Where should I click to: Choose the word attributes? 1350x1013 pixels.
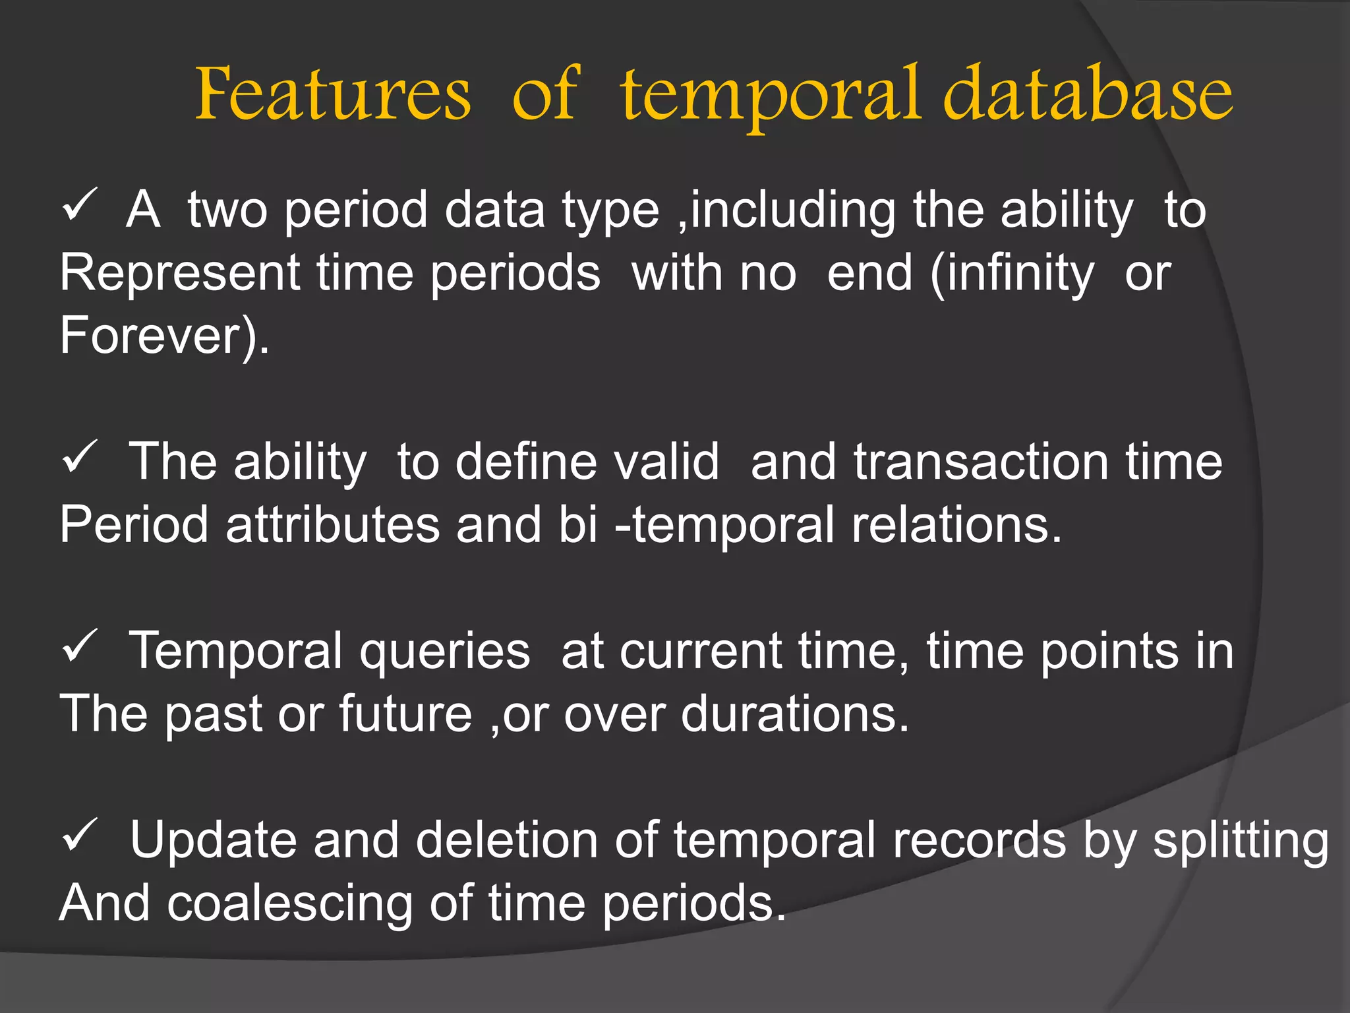point(332,524)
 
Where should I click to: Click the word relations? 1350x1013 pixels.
point(956,524)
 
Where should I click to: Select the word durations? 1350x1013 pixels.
point(794,714)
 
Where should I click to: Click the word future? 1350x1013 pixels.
point(405,714)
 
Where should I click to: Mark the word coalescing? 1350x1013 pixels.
point(289,902)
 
